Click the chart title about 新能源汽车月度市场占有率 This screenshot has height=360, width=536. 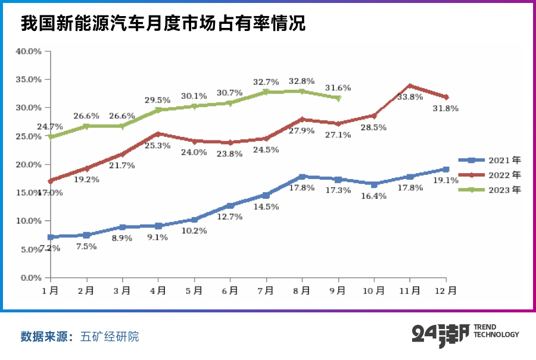(163, 24)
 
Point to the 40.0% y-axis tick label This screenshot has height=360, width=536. (28, 51)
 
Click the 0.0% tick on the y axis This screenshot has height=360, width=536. (30, 278)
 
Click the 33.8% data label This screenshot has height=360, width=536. (410, 97)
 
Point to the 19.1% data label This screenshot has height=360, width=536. (445, 180)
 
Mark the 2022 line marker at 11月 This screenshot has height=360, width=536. (410, 86)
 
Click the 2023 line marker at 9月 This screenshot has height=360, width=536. (338, 98)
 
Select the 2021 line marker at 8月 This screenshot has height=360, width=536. (302, 177)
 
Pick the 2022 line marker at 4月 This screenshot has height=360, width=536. (158, 134)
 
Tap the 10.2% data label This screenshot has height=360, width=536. (195, 231)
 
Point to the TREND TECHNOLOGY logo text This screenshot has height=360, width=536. (496, 331)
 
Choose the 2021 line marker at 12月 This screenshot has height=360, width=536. (446, 170)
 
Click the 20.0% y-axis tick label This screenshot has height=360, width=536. (28, 165)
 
